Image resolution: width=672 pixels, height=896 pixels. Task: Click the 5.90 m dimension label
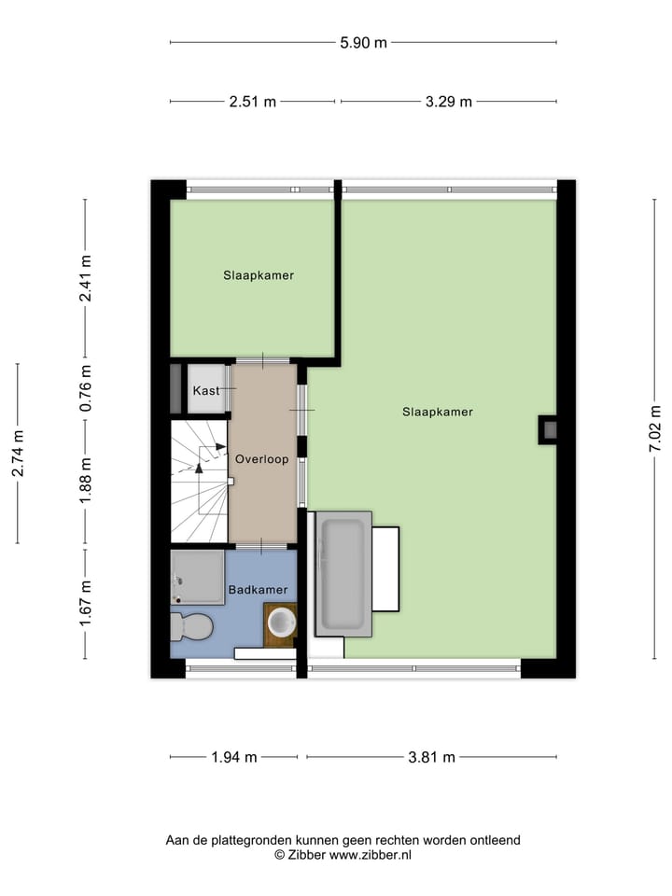click(363, 42)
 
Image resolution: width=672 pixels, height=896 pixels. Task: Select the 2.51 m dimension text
click(253, 102)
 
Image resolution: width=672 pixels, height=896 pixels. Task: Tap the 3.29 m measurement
click(448, 102)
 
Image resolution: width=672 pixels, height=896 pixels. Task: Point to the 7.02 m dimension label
click(655, 428)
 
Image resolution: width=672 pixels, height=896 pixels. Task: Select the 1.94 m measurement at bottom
click(233, 757)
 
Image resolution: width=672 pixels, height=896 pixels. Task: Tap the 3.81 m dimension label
click(432, 757)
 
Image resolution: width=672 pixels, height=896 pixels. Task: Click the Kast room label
click(206, 390)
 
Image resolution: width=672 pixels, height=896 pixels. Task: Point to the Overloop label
click(261, 459)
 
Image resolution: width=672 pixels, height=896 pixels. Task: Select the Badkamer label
click(258, 590)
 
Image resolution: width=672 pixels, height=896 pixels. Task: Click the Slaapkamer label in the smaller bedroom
click(259, 275)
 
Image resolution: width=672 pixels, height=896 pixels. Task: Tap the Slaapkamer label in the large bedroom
click(438, 412)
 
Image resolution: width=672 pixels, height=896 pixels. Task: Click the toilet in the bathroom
click(191, 626)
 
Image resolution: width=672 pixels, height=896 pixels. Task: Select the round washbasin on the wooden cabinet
click(280, 623)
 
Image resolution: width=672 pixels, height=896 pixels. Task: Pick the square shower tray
click(198, 577)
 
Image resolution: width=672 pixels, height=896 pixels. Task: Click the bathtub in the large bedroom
click(343, 573)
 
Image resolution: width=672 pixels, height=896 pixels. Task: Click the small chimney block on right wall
click(548, 429)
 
